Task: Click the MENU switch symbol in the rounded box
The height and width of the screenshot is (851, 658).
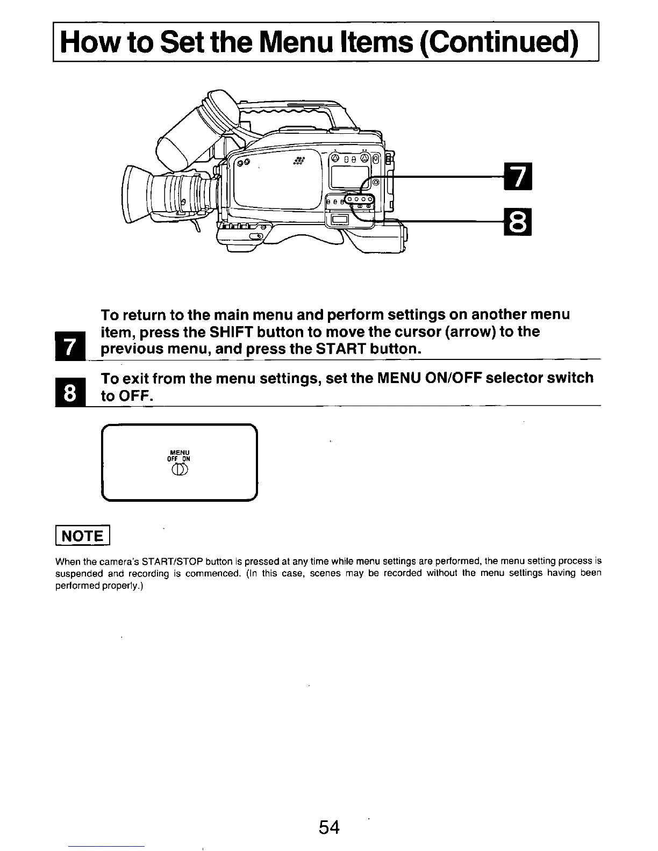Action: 179,471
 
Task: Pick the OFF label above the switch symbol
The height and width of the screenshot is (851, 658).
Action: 173,459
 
